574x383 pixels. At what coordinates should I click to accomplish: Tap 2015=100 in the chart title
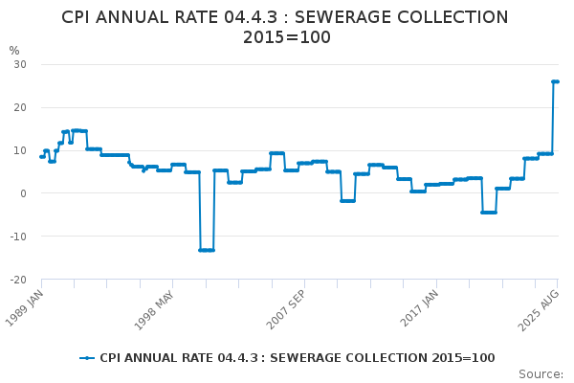tap(286, 37)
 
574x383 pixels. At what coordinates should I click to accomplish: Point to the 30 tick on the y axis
tap(19, 64)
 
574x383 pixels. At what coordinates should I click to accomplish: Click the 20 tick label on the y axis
tap(19, 107)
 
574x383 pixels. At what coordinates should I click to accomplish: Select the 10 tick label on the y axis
tap(19, 150)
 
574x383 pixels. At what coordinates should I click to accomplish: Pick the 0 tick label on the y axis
tap(23, 193)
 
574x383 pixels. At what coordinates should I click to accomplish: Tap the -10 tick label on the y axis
tap(17, 237)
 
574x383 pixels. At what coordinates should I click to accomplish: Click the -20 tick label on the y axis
tap(17, 280)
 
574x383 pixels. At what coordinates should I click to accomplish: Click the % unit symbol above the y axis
tap(13, 51)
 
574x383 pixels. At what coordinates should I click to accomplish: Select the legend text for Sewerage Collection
tap(297, 358)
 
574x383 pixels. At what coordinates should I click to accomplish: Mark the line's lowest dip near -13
tap(207, 250)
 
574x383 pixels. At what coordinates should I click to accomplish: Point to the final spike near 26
tap(555, 81)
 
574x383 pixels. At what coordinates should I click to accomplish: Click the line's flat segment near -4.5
tap(489, 212)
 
